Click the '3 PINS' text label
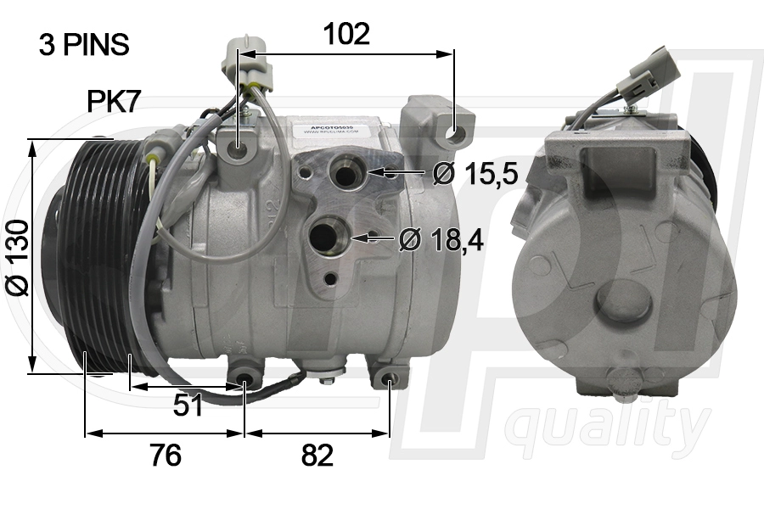click(x=84, y=45)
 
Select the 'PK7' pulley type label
click(x=114, y=102)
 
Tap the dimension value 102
click(x=346, y=34)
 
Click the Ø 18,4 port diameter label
click(x=441, y=240)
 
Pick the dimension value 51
click(x=188, y=406)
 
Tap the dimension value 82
click(x=317, y=456)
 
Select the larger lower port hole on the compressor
click(x=328, y=236)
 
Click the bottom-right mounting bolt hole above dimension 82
click(x=389, y=378)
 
